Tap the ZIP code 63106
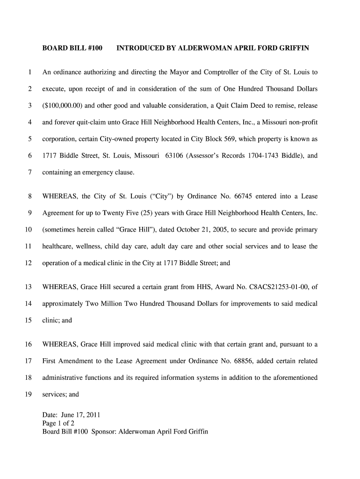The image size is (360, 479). tap(174, 156)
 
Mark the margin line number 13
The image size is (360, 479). tap(28, 287)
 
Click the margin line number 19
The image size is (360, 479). tap(28, 394)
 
